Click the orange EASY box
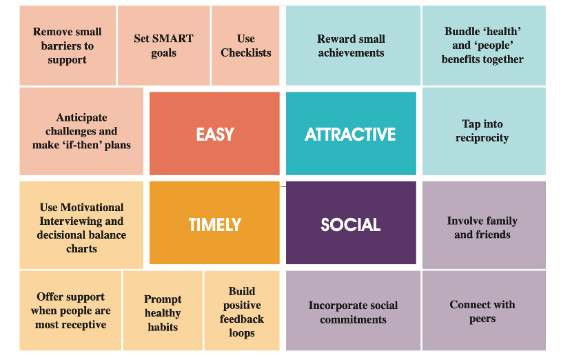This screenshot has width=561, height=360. (x=214, y=134)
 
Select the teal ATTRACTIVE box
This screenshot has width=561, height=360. (x=351, y=134)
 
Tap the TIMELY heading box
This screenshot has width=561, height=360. (x=214, y=223)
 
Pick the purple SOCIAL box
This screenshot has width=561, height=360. (x=351, y=223)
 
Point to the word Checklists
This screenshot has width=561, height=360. (x=246, y=53)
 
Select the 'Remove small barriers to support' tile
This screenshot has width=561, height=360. (x=68, y=46)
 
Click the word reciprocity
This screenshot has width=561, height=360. (x=482, y=138)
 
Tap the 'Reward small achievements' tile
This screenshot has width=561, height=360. (x=353, y=46)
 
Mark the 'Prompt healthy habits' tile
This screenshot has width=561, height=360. (x=163, y=310)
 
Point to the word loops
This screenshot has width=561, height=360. (x=242, y=333)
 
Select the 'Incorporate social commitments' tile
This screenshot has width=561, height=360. (x=353, y=310)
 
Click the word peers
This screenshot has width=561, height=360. (x=482, y=319)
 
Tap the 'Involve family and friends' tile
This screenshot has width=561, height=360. (x=484, y=225)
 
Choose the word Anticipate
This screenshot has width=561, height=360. (x=81, y=118)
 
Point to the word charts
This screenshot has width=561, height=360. (x=81, y=249)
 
